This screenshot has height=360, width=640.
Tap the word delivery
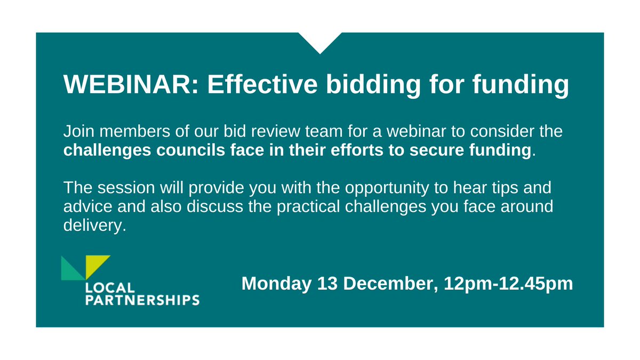click(x=94, y=227)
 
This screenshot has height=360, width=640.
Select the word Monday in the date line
click(x=275, y=283)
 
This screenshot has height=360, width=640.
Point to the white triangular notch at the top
click(x=320, y=40)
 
